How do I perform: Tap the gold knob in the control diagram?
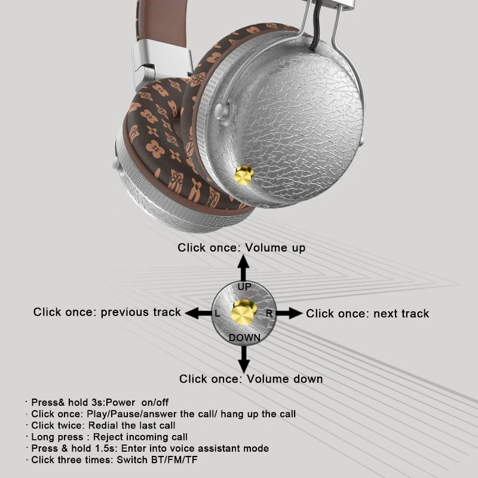coord(243,311)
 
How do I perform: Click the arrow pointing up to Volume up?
coord(243,266)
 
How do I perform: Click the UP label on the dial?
coord(244,287)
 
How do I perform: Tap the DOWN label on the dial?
coord(244,338)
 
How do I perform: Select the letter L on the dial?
coord(217,313)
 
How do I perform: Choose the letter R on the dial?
coord(269,313)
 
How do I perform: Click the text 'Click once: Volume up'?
coord(241,247)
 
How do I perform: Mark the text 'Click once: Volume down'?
coord(251,379)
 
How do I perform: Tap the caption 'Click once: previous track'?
coord(107,312)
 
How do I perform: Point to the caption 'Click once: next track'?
coord(367,313)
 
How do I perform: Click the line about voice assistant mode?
coord(150,448)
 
